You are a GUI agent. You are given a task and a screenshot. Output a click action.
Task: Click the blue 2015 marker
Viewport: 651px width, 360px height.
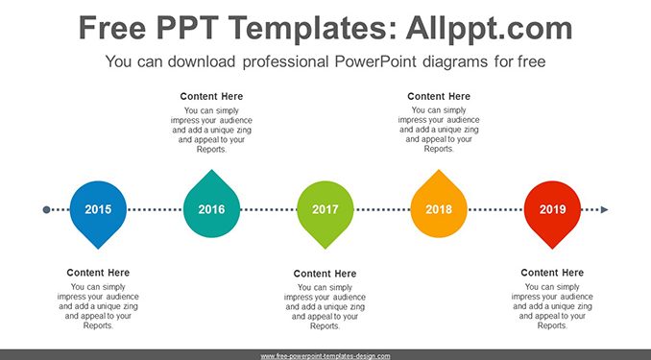(x=98, y=212)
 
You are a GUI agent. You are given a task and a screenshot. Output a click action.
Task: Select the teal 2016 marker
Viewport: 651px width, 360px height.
(x=211, y=206)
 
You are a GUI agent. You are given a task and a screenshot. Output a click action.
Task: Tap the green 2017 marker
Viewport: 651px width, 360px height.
(x=325, y=212)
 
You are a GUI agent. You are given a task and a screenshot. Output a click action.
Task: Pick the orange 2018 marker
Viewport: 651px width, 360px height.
(x=439, y=206)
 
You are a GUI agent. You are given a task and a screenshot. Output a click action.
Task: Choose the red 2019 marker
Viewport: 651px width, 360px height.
(x=552, y=212)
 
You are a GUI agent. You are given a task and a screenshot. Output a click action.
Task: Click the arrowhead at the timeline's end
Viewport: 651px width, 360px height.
(x=605, y=209)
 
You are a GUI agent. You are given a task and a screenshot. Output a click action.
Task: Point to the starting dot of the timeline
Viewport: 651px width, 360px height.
(x=46, y=209)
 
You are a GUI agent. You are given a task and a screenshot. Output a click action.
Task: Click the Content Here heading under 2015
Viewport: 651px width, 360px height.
(x=98, y=273)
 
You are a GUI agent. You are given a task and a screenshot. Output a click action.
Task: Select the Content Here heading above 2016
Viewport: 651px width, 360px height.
(x=211, y=96)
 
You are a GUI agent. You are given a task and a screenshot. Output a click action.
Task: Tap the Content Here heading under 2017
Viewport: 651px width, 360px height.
(x=325, y=274)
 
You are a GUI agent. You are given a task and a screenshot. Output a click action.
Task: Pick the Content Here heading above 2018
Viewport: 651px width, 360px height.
(x=439, y=96)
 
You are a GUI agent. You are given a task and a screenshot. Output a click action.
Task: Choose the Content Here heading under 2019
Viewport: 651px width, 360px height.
(x=552, y=273)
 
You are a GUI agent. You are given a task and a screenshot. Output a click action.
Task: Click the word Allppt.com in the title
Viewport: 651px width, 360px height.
(x=489, y=28)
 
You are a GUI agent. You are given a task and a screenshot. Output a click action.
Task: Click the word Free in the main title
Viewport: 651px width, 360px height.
(x=112, y=28)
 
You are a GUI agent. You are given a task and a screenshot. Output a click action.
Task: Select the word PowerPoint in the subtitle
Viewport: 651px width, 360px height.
(x=375, y=61)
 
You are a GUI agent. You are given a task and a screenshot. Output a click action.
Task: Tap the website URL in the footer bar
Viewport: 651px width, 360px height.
(x=325, y=356)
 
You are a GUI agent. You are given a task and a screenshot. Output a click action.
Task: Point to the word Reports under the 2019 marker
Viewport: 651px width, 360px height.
(x=551, y=325)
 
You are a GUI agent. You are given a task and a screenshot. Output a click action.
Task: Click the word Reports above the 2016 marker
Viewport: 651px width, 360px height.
(x=211, y=150)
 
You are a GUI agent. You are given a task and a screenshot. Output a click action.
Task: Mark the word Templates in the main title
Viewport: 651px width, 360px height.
(x=307, y=28)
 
